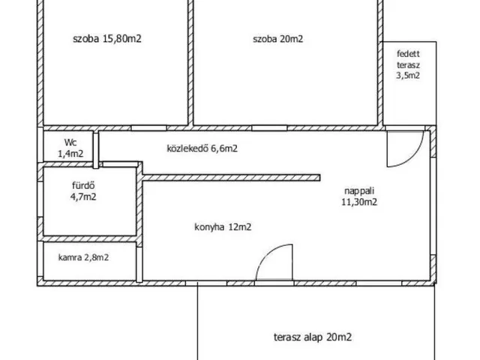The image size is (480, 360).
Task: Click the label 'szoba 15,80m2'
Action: click(107, 40)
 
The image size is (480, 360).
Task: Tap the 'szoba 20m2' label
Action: click(277, 40)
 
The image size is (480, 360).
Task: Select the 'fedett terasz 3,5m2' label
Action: click(409, 64)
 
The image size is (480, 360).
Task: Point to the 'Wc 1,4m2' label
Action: click(70, 147)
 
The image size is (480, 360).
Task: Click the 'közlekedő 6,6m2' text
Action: click(202, 148)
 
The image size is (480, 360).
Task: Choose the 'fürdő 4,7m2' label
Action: click(82, 192)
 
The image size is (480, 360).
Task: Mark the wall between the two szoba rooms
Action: click(190, 64)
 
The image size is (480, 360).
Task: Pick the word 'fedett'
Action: click(409, 54)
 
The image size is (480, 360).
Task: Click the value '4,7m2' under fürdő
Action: click(82, 197)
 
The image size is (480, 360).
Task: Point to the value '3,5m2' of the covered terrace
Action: click(409, 74)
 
